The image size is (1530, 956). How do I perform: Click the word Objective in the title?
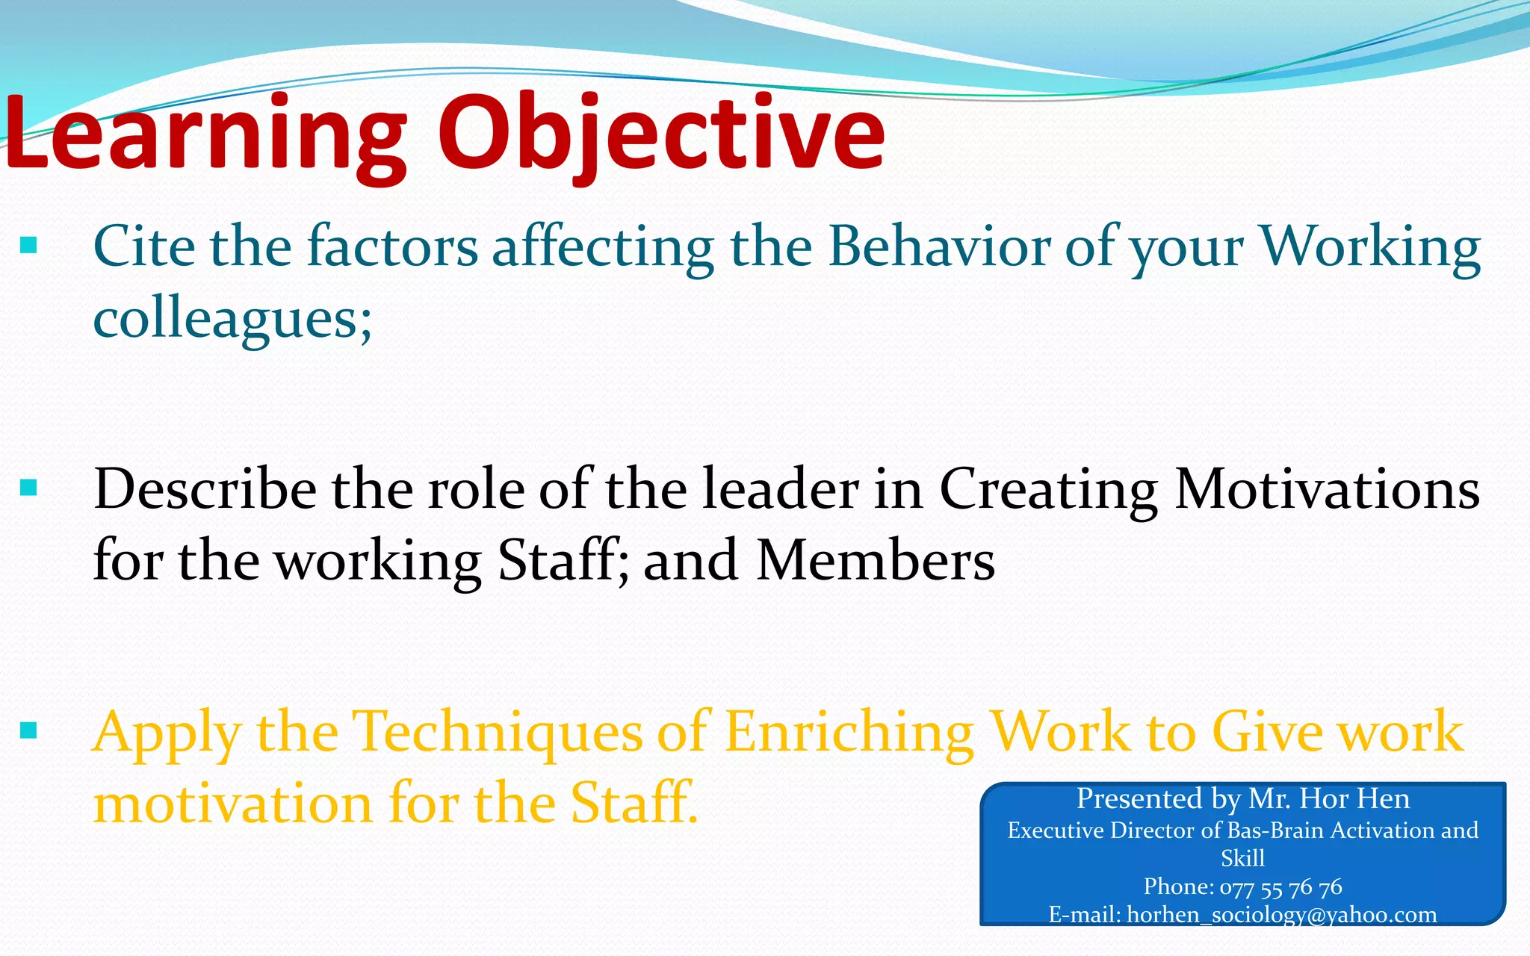pyautogui.click(x=661, y=134)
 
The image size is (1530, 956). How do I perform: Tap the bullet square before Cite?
pyautogui.click(x=28, y=246)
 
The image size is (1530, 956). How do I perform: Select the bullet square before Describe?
pyautogui.click(x=28, y=488)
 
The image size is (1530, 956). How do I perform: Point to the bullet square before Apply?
pyautogui.click(x=28, y=730)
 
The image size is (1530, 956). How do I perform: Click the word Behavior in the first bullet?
pyautogui.click(x=939, y=246)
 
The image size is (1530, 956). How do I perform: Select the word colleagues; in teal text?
pyautogui.click(x=232, y=320)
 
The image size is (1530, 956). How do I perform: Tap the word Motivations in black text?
pyautogui.click(x=1327, y=489)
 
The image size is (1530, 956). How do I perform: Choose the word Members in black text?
pyautogui.click(x=876, y=560)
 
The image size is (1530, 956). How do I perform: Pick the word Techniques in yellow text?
pyautogui.click(x=497, y=732)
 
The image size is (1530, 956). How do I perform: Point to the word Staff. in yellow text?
pyautogui.click(x=634, y=804)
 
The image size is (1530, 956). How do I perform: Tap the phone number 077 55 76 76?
pyautogui.click(x=1280, y=887)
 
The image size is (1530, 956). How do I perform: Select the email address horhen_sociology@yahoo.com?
pyautogui.click(x=1281, y=915)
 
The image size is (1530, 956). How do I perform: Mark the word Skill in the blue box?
pyautogui.click(x=1242, y=858)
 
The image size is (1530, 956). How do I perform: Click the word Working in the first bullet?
pyautogui.click(x=1370, y=246)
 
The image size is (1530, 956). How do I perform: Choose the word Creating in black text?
pyautogui.click(x=1049, y=489)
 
